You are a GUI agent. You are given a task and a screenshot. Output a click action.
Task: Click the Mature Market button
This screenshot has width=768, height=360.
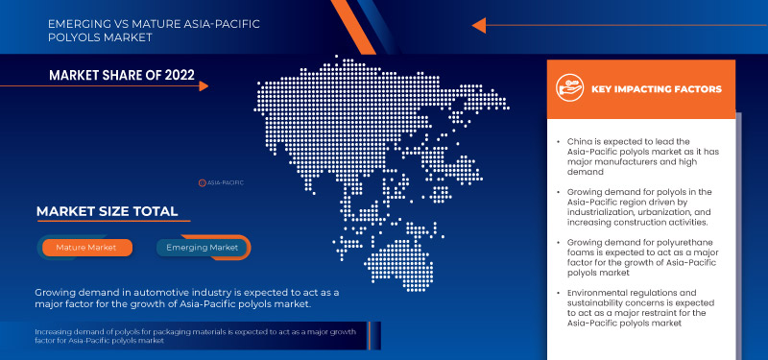(85, 248)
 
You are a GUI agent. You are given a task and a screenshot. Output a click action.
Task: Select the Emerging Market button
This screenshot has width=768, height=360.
(203, 248)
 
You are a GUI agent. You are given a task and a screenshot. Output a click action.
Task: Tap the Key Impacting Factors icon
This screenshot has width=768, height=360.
(570, 88)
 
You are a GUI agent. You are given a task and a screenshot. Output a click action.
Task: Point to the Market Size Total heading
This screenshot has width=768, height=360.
(107, 211)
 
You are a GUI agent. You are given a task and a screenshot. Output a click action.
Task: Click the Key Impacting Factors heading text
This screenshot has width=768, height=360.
(656, 89)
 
